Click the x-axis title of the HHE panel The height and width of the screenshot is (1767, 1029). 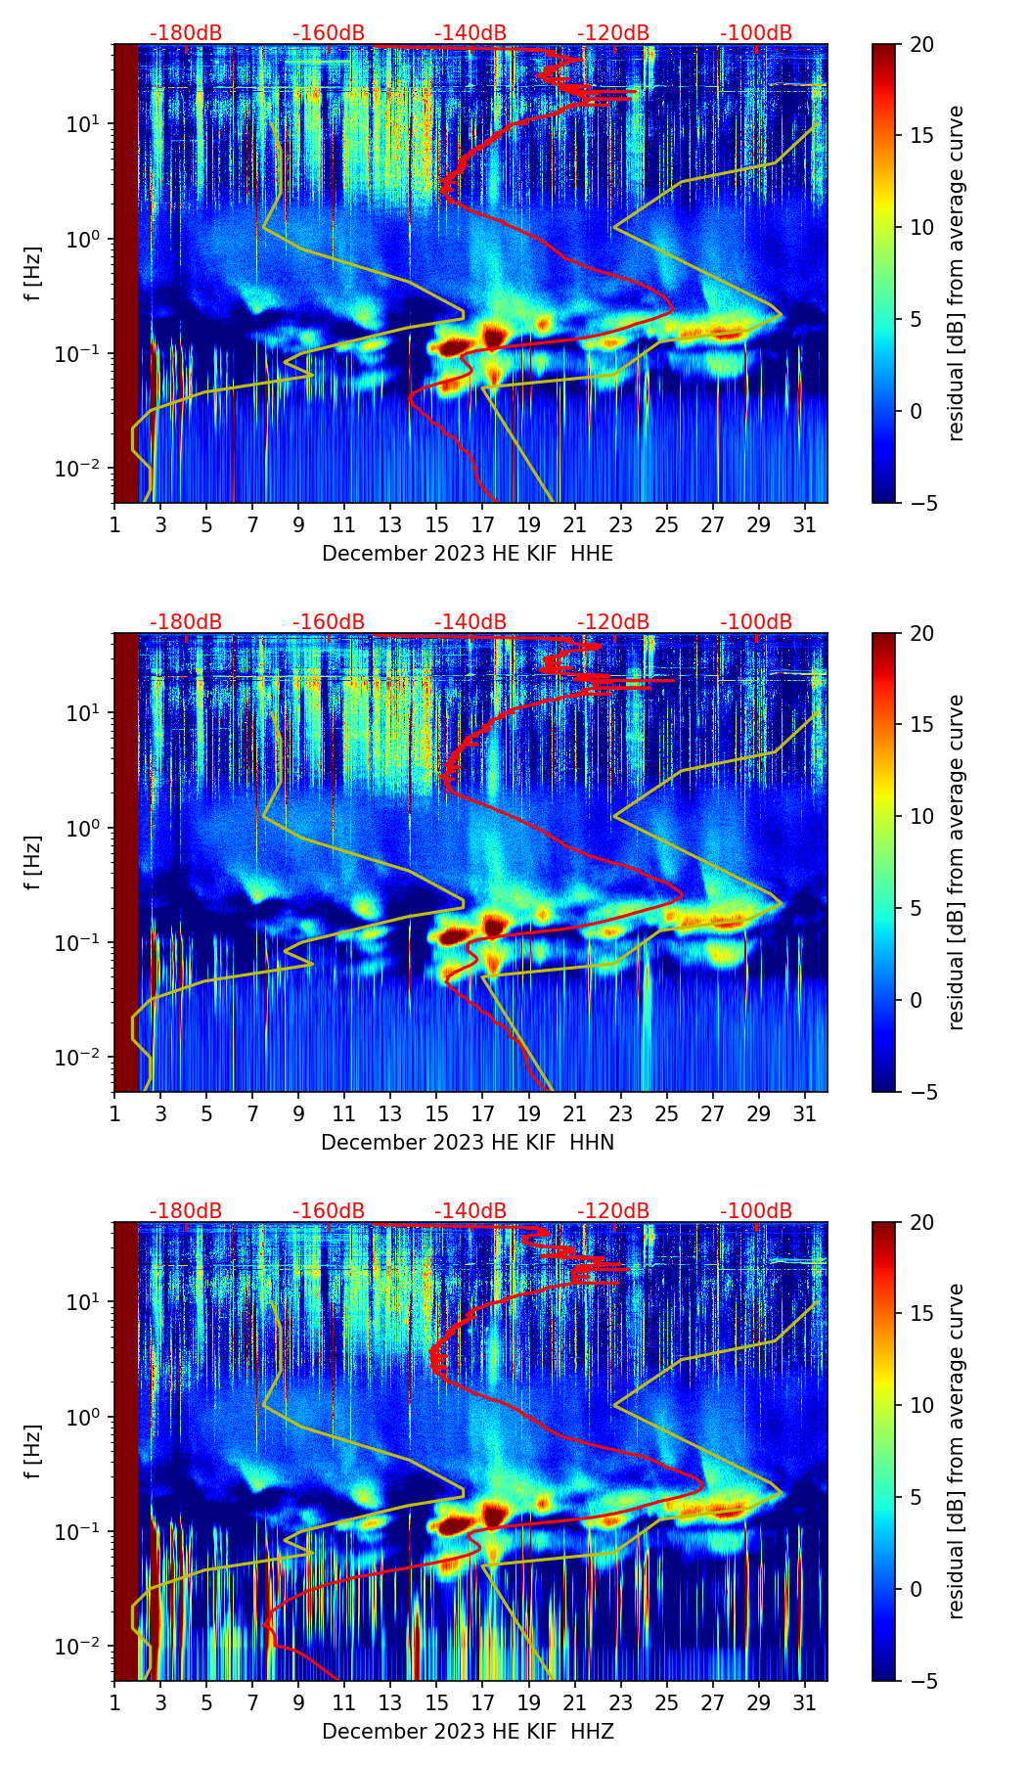(468, 554)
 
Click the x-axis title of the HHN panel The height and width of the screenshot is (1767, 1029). (468, 1143)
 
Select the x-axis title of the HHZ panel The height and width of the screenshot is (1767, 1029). (468, 1732)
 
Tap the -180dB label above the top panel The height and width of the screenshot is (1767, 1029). (186, 33)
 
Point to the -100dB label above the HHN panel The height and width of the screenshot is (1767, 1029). (756, 622)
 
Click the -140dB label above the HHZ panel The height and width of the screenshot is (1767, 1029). (470, 1211)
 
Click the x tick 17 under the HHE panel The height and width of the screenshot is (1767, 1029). (483, 525)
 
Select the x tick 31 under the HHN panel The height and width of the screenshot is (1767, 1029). (805, 1114)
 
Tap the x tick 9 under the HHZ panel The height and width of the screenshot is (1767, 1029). (298, 1703)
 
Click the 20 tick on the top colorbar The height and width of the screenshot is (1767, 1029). (921, 44)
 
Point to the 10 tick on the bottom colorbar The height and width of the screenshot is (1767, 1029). (921, 1406)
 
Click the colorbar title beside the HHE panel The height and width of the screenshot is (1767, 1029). (956, 273)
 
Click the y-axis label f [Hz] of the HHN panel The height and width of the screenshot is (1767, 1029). (33, 862)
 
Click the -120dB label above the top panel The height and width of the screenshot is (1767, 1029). (613, 33)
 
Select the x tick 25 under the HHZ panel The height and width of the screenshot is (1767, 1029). (667, 1703)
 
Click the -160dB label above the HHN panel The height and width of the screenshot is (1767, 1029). (329, 622)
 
